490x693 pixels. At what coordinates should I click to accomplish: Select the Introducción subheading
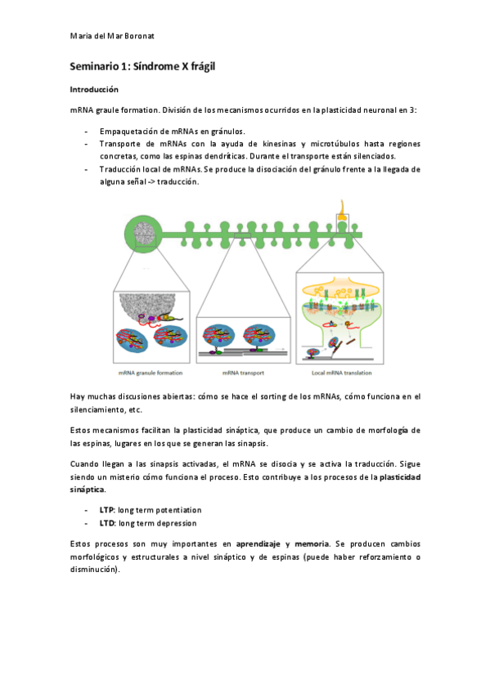[x=94, y=89]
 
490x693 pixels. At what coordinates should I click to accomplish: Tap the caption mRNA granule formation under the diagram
[x=148, y=372]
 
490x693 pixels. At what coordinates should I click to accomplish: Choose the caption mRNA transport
[x=242, y=372]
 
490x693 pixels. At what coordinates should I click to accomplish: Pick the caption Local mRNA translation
[x=339, y=372]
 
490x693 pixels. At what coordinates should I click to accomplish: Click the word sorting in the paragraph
[x=254, y=396]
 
